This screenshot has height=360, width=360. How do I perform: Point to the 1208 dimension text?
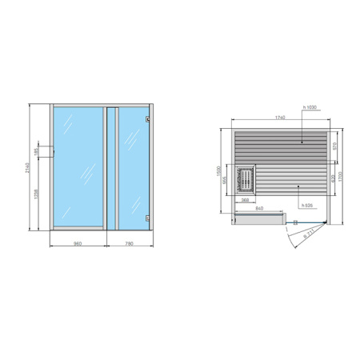coord(36,194)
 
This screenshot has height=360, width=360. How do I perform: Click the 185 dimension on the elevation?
coord(36,151)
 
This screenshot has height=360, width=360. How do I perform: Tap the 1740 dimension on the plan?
coord(278,118)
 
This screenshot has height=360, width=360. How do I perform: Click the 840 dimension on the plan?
coord(260,209)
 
